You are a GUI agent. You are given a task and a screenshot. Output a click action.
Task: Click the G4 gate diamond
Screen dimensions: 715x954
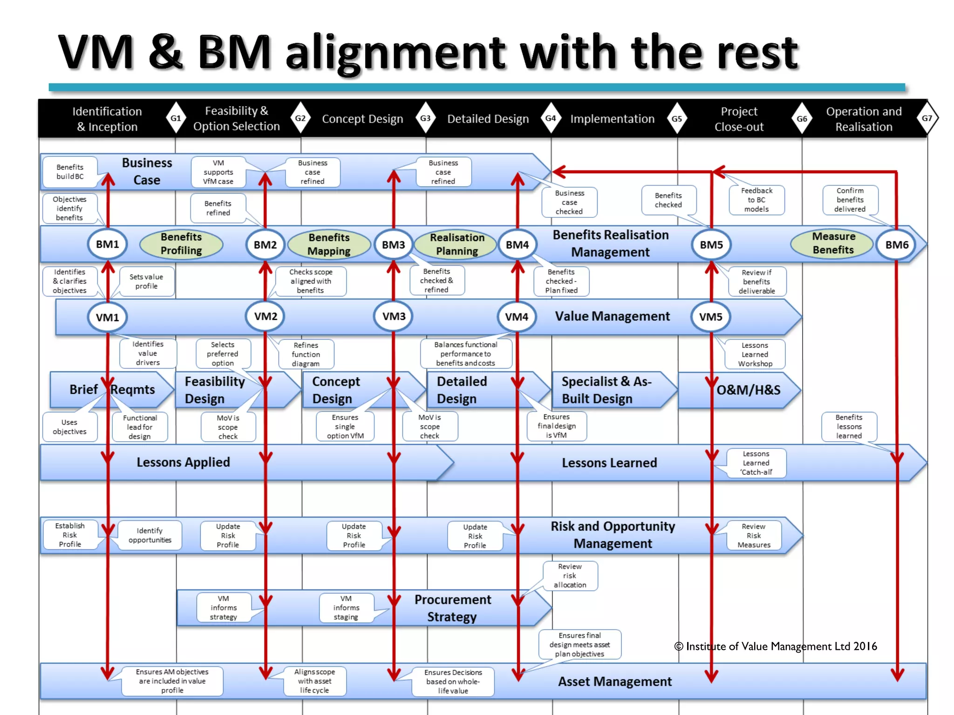tap(551, 118)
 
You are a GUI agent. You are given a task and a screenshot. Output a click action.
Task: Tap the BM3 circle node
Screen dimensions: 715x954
tap(394, 245)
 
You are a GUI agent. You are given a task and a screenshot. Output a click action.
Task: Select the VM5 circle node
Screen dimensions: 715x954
tap(711, 317)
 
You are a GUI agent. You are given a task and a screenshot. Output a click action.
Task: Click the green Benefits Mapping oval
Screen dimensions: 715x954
tap(329, 244)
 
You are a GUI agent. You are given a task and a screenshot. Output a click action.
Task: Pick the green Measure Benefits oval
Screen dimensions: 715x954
tap(833, 243)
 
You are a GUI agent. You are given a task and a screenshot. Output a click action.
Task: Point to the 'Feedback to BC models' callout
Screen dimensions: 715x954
tap(756, 200)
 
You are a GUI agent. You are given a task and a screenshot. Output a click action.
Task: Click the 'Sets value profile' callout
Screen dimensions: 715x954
tap(147, 281)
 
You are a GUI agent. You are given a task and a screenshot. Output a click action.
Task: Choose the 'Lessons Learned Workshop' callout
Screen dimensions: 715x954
tap(755, 354)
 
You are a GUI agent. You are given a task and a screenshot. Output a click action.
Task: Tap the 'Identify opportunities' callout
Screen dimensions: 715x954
tap(150, 535)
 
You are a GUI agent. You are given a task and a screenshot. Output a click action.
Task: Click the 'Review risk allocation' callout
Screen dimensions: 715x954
tap(570, 576)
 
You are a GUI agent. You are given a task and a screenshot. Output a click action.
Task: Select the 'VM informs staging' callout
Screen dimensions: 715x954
tap(346, 607)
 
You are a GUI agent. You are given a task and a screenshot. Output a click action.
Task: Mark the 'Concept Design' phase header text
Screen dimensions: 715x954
tap(362, 119)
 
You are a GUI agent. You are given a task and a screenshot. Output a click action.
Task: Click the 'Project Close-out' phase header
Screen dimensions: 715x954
tap(739, 119)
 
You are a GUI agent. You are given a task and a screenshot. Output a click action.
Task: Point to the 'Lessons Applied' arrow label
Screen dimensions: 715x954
tap(183, 462)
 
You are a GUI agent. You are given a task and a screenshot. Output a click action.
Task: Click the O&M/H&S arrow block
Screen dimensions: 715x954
tap(748, 390)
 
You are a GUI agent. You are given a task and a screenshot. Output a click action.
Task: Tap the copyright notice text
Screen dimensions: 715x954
tap(775, 646)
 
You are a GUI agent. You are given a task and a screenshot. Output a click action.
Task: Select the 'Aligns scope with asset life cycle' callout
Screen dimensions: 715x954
tap(314, 681)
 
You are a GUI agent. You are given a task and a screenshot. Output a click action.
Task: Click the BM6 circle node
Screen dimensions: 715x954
tap(897, 245)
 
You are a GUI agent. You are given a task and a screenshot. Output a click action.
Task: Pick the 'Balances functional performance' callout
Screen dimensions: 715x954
tap(466, 354)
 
